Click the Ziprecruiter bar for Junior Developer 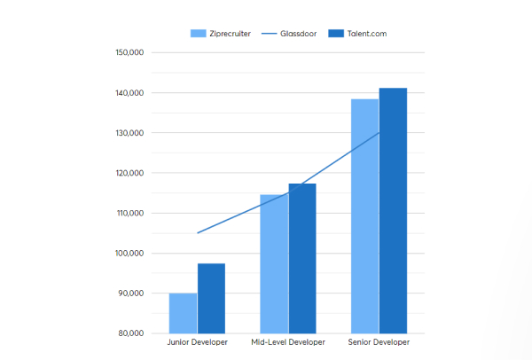click(183, 313)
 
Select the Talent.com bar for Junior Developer click(211, 298)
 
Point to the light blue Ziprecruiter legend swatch click(199, 34)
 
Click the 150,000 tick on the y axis click(129, 52)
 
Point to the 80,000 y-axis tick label click(131, 333)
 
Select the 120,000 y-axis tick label click(129, 173)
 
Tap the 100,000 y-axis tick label click(129, 253)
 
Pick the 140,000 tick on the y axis click(129, 92)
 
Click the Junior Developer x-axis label click(197, 342)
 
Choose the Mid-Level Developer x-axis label click(288, 342)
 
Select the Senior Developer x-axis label click(379, 342)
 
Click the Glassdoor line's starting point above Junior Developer click(198, 232)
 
